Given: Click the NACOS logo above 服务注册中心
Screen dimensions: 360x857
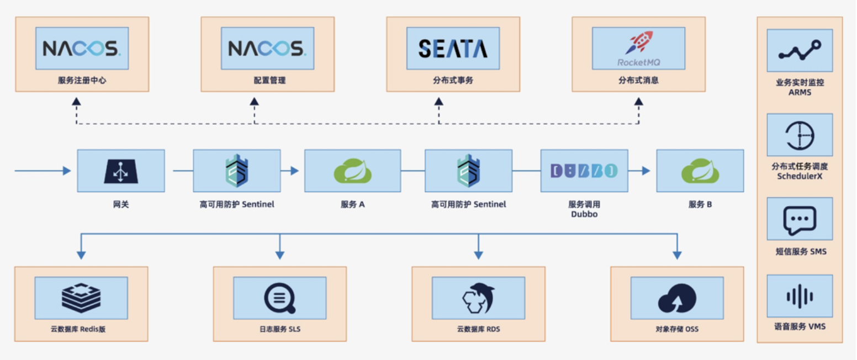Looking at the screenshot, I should (x=82, y=48).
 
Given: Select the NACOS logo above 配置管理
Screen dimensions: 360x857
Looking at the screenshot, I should (x=267, y=48).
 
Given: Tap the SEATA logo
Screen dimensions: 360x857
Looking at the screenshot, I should (x=453, y=48).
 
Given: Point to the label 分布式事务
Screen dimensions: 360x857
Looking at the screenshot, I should (x=453, y=81).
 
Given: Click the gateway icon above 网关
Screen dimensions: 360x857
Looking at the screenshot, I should (x=120, y=171).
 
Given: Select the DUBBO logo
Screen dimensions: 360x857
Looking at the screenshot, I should (x=584, y=171).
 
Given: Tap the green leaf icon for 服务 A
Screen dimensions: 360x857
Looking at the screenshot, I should (x=352, y=171).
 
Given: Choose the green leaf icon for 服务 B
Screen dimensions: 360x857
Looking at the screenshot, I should (x=700, y=171).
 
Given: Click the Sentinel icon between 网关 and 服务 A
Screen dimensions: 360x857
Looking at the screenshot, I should (x=236, y=171).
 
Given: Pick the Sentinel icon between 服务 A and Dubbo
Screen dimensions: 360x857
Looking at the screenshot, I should (x=468, y=171).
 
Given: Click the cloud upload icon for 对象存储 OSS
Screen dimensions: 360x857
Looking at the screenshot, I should (x=677, y=299).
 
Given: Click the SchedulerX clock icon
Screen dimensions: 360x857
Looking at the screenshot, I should (x=800, y=135).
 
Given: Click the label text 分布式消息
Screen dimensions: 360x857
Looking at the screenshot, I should (x=638, y=81).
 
